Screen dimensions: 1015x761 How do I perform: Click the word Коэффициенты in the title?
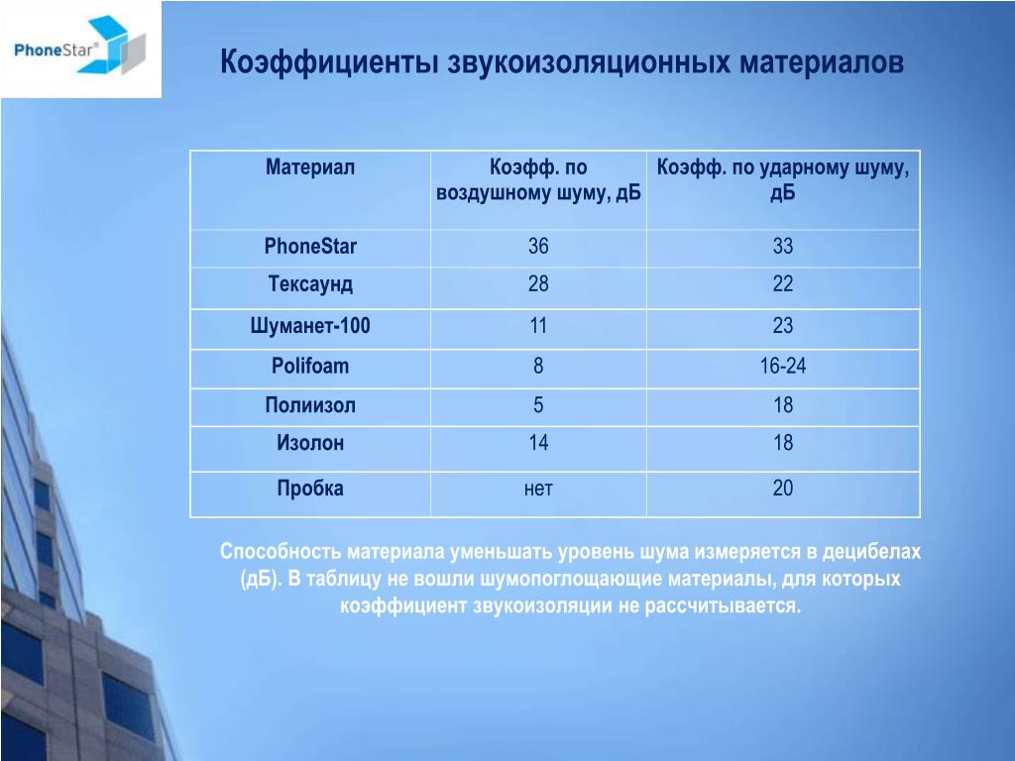tap(328, 62)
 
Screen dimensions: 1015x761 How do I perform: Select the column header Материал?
tap(310, 166)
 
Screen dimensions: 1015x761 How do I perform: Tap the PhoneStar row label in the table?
tap(310, 246)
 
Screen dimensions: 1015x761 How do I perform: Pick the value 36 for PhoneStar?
tap(538, 246)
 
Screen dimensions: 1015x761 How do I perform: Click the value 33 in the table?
tap(783, 246)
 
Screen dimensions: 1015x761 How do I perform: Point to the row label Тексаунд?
tap(310, 284)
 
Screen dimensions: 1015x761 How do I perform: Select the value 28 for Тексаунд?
tap(538, 283)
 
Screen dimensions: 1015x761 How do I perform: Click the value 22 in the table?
tap(783, 283)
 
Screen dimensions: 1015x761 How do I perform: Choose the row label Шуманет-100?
tap(310, 325)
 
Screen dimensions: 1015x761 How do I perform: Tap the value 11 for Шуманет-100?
tap(538, 325)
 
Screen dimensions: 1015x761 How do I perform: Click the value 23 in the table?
tap(783, 325)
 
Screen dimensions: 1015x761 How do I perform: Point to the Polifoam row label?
tap(310, 366)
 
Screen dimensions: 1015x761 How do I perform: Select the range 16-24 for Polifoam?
tap(783, 366)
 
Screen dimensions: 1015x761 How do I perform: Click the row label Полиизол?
tap(310, 405)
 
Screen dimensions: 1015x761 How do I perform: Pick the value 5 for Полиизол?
tap(538, 405)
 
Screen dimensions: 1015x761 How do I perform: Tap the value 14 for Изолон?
tap(538, 443)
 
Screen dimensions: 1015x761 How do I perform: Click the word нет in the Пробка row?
tap(538, 489)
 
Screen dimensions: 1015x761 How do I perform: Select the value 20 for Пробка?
tap(783, 488)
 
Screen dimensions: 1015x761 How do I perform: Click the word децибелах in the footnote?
tap(871, 552)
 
